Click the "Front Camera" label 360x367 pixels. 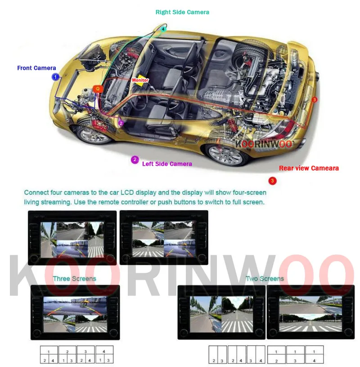tap(36, 68)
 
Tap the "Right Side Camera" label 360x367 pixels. tap(182, 12)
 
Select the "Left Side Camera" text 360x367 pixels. tap(167, 164)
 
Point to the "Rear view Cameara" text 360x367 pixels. tap(309, 168)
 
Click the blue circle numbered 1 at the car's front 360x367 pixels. tap(55, 77)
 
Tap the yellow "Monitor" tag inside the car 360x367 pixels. tap(140, 80)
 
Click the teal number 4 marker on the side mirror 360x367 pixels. tap(163, 29)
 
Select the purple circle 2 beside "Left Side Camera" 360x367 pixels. tap(135, 159)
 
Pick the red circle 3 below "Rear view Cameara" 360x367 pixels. tap(272, 181)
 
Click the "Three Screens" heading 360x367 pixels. tap(74, 279)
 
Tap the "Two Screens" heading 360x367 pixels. tap(265, 279)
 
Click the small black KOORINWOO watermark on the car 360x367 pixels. tap(264, 144)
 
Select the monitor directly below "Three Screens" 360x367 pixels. tap(75, 312)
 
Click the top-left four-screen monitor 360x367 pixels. tap(72, 237)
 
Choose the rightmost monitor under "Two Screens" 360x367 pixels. tap(310, 312)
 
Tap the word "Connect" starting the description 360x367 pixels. tap(37, 193)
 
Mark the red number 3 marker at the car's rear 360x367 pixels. tap(314, 100)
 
